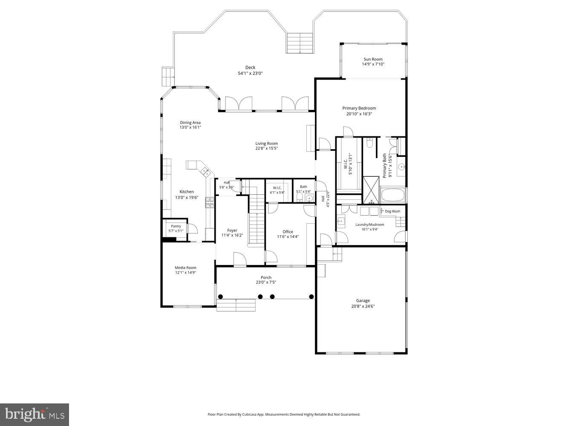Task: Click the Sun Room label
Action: (x=373, y=59)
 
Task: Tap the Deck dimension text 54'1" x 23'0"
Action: (x=250, y=73)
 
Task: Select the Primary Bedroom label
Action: (x=359, y=108)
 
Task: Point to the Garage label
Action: (x=363, y=300)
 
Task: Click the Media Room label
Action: (x=185, y=268)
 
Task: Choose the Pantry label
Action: (x=176, y=226)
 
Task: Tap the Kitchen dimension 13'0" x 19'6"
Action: (x=187, y=198)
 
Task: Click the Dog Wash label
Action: (x=392, y=211)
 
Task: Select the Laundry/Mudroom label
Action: (x=369, y=225)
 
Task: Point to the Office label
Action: (x=288, y=232)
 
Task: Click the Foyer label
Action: (x=232, y=230)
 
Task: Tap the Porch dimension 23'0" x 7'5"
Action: (x=266, y=282)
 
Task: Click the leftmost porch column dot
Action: (x=220, y=296)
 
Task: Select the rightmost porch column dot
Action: (x=311, y=296)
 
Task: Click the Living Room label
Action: (x=266, y=144)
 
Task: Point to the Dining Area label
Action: (x=190, y=123)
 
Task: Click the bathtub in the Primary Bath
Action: (x=393, y=196)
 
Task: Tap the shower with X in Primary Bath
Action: (x=371, y=190)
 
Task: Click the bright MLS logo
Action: (x=35, y=414)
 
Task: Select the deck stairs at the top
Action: (x=300, y=43)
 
